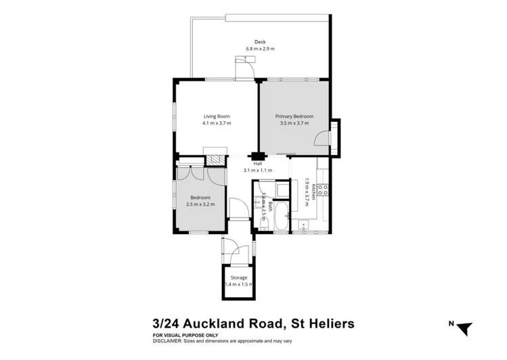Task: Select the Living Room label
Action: [x=217, y=116]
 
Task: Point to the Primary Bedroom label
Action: [x=292, y=116]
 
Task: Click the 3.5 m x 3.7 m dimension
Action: [x=292, y=123]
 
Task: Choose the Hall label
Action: [x=257, y=164]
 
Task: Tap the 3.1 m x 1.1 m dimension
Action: [x=257, y=171]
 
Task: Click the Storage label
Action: [x=238, y=278]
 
